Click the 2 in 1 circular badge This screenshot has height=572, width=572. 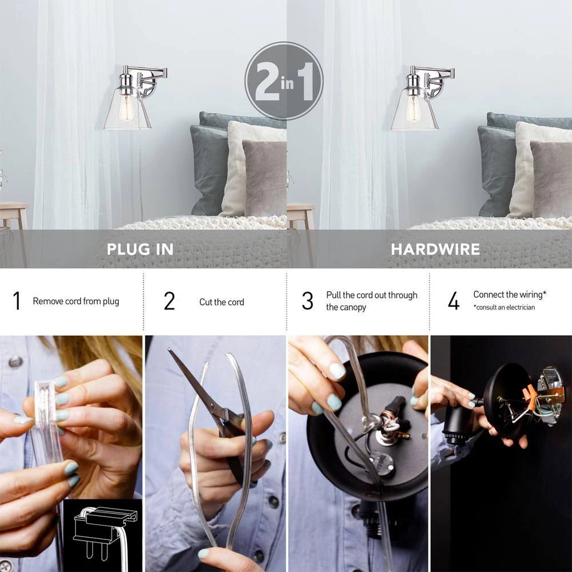click(x=284, y=81)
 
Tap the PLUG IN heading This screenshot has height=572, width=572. click(x=140, y=249)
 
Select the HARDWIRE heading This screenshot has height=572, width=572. click(x=435, y=249)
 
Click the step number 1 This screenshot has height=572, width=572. click(x=17, y=301)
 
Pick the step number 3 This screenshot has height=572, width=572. click(x=308, y=301)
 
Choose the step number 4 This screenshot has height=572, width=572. click(x=454, y=301)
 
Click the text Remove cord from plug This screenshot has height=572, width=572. click(x=76, y=301)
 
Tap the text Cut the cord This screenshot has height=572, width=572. click(x=221, y=302)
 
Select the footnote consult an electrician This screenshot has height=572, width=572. click(x=504, y=308)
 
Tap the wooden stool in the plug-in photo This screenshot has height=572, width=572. click(x=14, y=217)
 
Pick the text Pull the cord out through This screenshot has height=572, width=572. click(x=372, y=295)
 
